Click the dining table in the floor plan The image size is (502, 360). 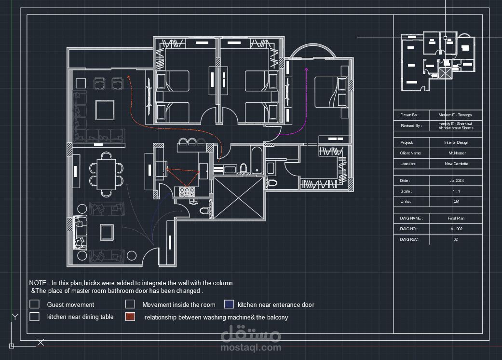tap(107, 175)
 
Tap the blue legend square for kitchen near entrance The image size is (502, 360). tap(229, 305)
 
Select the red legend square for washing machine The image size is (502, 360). tap(130, 317)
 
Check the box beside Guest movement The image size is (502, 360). tap(34, 304)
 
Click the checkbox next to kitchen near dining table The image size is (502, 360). tap(34, 317)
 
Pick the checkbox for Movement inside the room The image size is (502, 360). tap(130, 304)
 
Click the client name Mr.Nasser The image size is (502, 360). tap(457, 153)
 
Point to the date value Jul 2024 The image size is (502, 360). tap(457, 180)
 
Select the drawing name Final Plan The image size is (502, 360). tap(456, 218)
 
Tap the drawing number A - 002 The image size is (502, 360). tap(457, 229)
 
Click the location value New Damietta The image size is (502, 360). tap(457, 164)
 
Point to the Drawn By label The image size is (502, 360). tap(409, 115)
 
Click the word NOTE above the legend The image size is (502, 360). tap(38, 283)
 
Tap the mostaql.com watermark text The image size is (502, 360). tap(251, 347)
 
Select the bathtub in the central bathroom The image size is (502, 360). tap(257, 160)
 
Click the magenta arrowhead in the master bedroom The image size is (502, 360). tap(306, 69)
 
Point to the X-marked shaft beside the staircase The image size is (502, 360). tap(239, 198)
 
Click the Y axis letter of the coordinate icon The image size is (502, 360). tap(15, 317)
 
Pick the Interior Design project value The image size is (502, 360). tap(456, 142)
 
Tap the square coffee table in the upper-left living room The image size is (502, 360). tap(105, 110)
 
